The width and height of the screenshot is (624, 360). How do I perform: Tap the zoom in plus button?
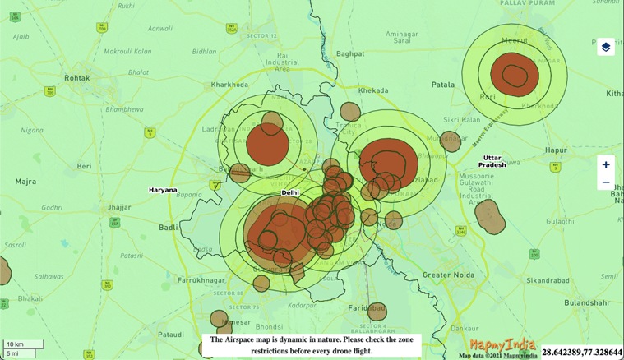[x=606, y=164]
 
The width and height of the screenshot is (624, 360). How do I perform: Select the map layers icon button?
[x=605, y=47]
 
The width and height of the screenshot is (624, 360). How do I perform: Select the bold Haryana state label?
[x=163, y=189]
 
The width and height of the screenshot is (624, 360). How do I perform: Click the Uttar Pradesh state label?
[x=493, y=160]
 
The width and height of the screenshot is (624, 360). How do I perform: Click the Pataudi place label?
[x=170, y=335]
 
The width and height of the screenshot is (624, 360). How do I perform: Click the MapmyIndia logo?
[x=502, y=344]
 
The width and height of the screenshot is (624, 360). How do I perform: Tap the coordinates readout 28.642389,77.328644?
[x=581, y=351]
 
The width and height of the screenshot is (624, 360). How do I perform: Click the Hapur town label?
[x=556, y=150]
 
